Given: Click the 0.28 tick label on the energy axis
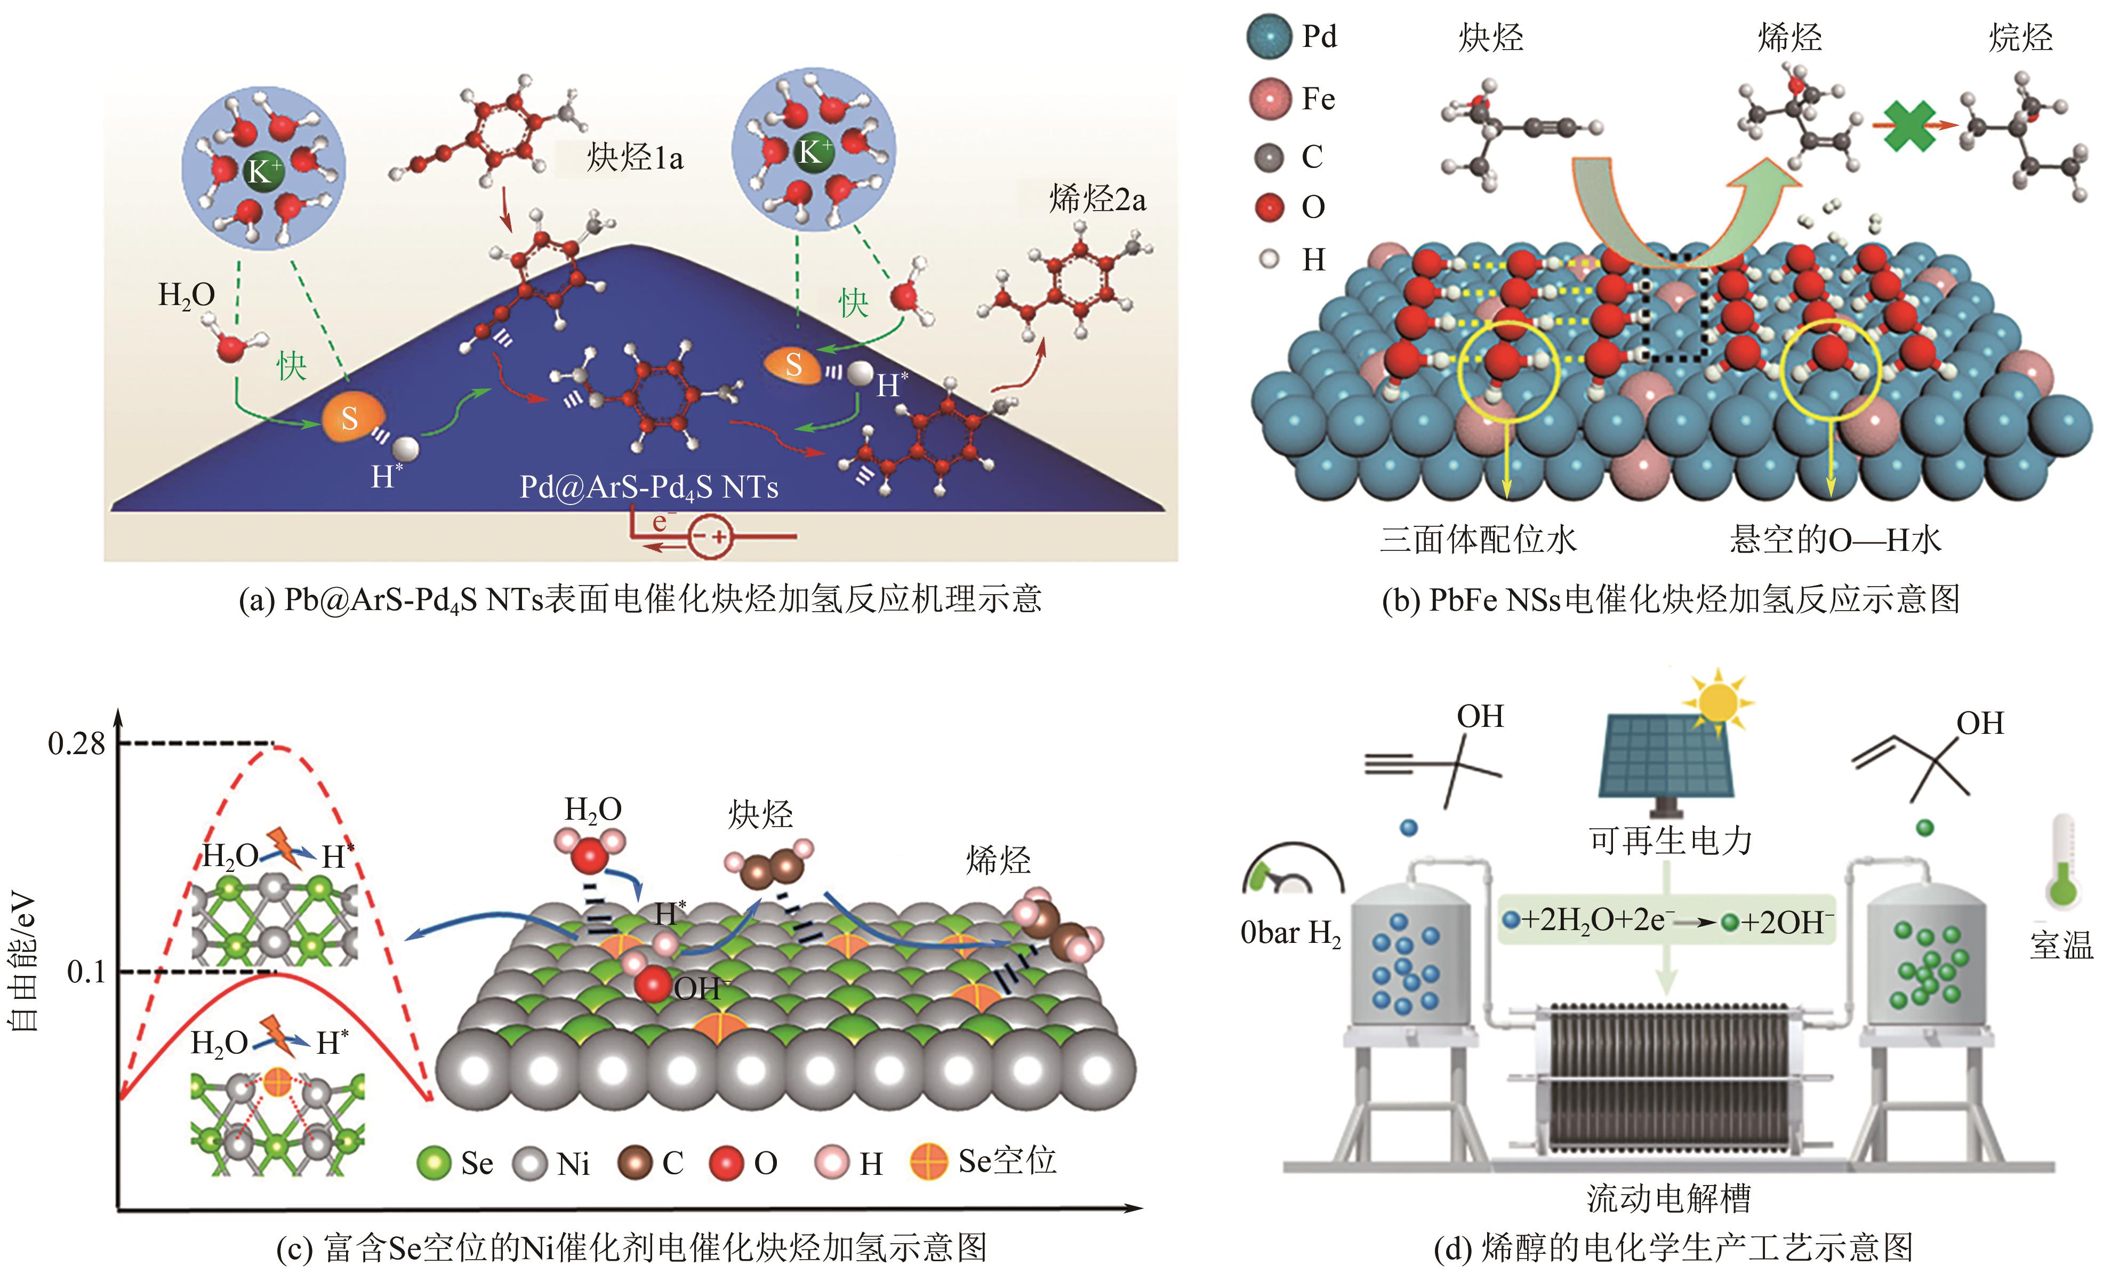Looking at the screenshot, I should (x=77, y=743).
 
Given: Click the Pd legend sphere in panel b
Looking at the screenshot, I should (x=1269, y=37).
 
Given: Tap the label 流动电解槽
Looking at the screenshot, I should (x=1668, y=1198).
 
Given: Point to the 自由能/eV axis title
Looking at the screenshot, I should (x=24, y=960).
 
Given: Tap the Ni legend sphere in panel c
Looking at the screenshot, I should (x=530, y=1163).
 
